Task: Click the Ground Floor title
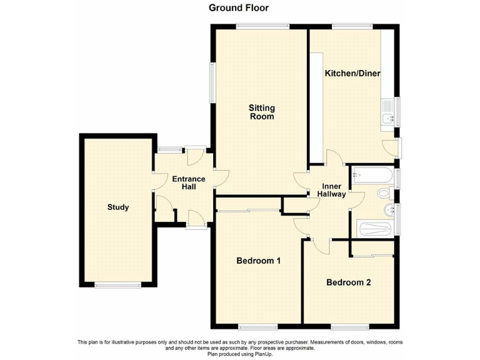pyautogui.click(x=239, y=8)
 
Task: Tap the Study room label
pyautogui.click(x=117, y=207)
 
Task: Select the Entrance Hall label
pyautogui.click(x=189, y=183)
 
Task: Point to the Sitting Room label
pyautogui.click(x=262, y=112)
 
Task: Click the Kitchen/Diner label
pyautogui.click(x=352, y=73)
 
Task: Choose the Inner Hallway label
pyautogui.click(x=333, y=191)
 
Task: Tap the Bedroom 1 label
pyautogui.click(x=258, y=261)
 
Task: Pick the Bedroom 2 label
pyautogui.click(x=349, y=282)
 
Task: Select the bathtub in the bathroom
pyautogui.click(x=372, y=175)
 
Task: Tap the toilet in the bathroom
pyautogui.click(x=386, y=193)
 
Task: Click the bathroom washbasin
pyautogui.click(x=389, y=210)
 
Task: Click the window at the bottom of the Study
pyautogui.click(x=117, y=286)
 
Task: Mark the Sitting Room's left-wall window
pyautogui.click(x=212, y=82)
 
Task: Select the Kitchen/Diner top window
pyautogui.click(x=352, y=26)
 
